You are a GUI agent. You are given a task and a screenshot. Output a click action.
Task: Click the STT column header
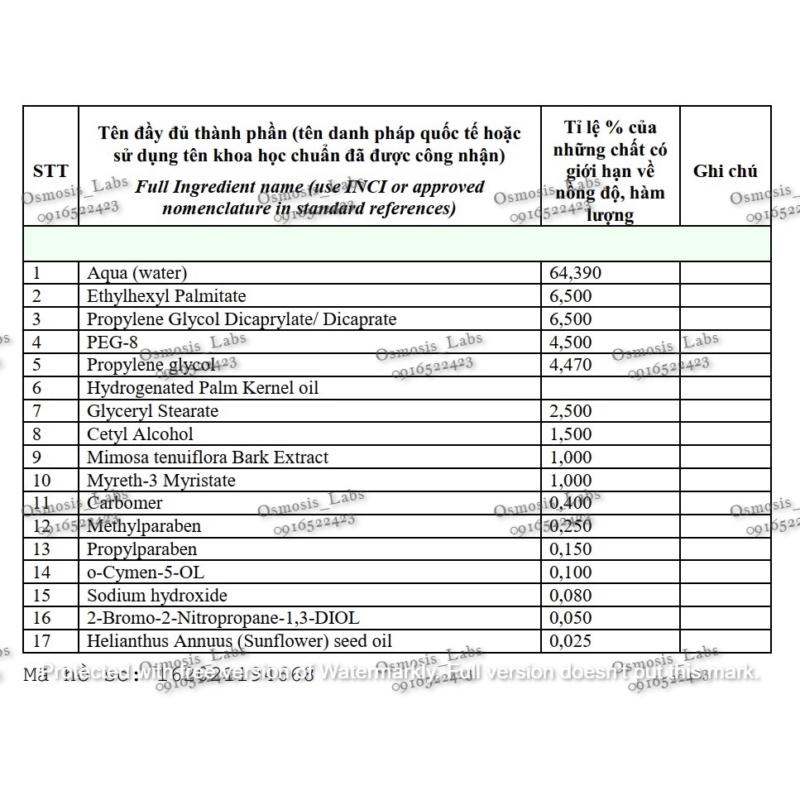[50, 171]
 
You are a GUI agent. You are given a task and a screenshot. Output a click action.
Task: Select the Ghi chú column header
[725, 171]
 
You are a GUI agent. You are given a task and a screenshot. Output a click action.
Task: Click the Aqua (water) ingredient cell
[137, 273]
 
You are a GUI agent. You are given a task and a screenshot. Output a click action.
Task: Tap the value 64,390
[576, 273]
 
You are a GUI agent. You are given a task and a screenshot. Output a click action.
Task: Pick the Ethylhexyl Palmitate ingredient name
[166, 296]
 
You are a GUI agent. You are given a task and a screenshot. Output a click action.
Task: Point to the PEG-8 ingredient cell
[113, 342]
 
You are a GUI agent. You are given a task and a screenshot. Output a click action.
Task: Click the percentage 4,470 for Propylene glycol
[571, 365]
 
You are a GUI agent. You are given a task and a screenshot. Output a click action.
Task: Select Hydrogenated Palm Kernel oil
[203, 388]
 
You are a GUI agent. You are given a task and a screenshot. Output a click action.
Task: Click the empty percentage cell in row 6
[610, 388]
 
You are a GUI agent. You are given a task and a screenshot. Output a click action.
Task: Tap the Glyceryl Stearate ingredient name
[153, 411]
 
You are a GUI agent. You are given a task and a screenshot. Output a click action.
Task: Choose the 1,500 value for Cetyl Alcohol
[571, 434]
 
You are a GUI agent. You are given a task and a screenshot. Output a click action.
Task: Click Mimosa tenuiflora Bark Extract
[208, 457]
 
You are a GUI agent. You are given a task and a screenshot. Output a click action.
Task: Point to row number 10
[42, 481]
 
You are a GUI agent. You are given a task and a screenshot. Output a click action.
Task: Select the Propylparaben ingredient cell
[142, 549]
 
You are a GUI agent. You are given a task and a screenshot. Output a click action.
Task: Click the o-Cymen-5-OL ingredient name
[146, 572]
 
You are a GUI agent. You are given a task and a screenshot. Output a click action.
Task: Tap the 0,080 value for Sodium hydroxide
[571, 596]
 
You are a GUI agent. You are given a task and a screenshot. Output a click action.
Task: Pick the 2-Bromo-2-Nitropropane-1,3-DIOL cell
[223, 618]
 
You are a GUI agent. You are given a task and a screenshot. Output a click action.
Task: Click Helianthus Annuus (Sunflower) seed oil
[240, 641]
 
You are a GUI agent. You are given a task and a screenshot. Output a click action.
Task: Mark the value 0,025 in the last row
[571, 641]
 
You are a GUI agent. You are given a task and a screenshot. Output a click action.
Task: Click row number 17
[42, 641]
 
